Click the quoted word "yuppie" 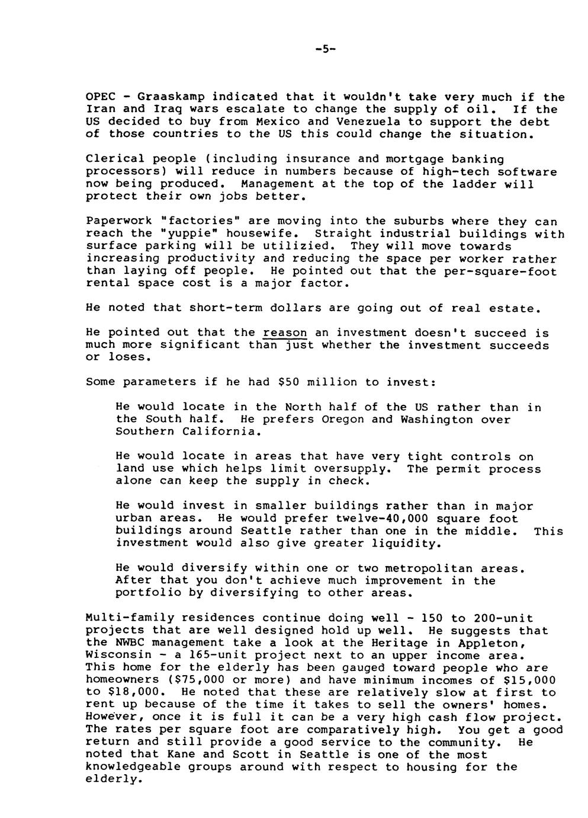(x=189, y=234)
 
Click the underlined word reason (x=285, y=333)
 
